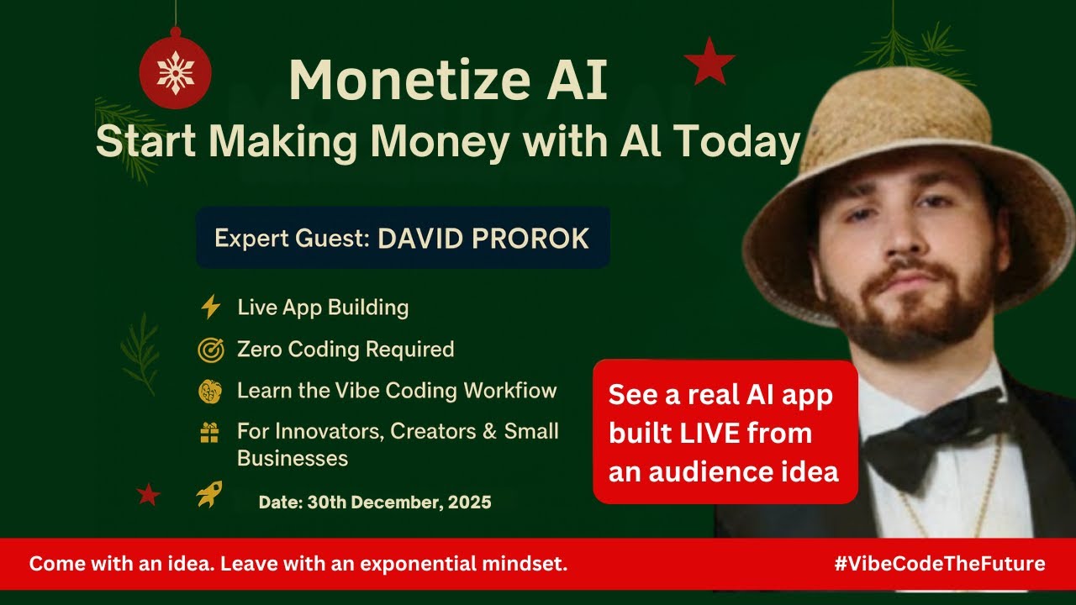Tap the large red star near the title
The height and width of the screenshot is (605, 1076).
point(709,61)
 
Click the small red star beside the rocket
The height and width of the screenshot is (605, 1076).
point(148,494)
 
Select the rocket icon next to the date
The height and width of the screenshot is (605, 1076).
point(209,494)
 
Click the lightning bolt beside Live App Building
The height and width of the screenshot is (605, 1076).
point(209,308)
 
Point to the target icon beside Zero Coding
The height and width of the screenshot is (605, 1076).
point(209,350)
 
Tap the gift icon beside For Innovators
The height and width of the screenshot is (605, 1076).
point(209,432)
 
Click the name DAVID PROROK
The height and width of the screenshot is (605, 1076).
point(483,238)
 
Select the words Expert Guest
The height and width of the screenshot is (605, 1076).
point(292,239)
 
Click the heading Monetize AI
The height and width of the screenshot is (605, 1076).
point(447,81)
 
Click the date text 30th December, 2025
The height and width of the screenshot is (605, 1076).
point(398,502)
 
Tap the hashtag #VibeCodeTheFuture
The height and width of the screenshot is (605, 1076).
point(940,563)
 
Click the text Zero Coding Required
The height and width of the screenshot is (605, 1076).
point(345,350)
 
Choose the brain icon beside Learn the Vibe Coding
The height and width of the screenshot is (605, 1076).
point(209,391)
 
